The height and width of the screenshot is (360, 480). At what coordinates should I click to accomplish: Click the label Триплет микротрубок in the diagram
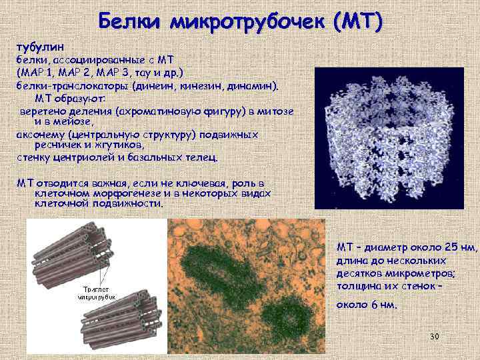click(x=99, y=293)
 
